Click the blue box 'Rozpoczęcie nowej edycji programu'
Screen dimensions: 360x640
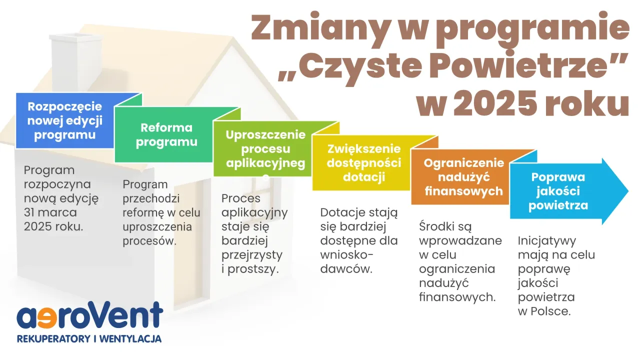click(65, 121)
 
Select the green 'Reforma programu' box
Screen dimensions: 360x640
click(166, 135)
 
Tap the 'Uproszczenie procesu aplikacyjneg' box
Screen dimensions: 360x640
click(265, 149)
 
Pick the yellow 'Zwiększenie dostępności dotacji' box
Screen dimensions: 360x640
click(364, 163)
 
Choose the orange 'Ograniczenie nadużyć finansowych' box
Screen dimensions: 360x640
click(463, 177)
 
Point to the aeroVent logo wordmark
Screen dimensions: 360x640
click(90, 316)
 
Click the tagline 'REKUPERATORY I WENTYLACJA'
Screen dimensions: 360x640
click(89, 339)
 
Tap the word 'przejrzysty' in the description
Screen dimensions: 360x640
click(252, 255)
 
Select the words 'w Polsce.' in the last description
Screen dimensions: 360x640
click(544, 310)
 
